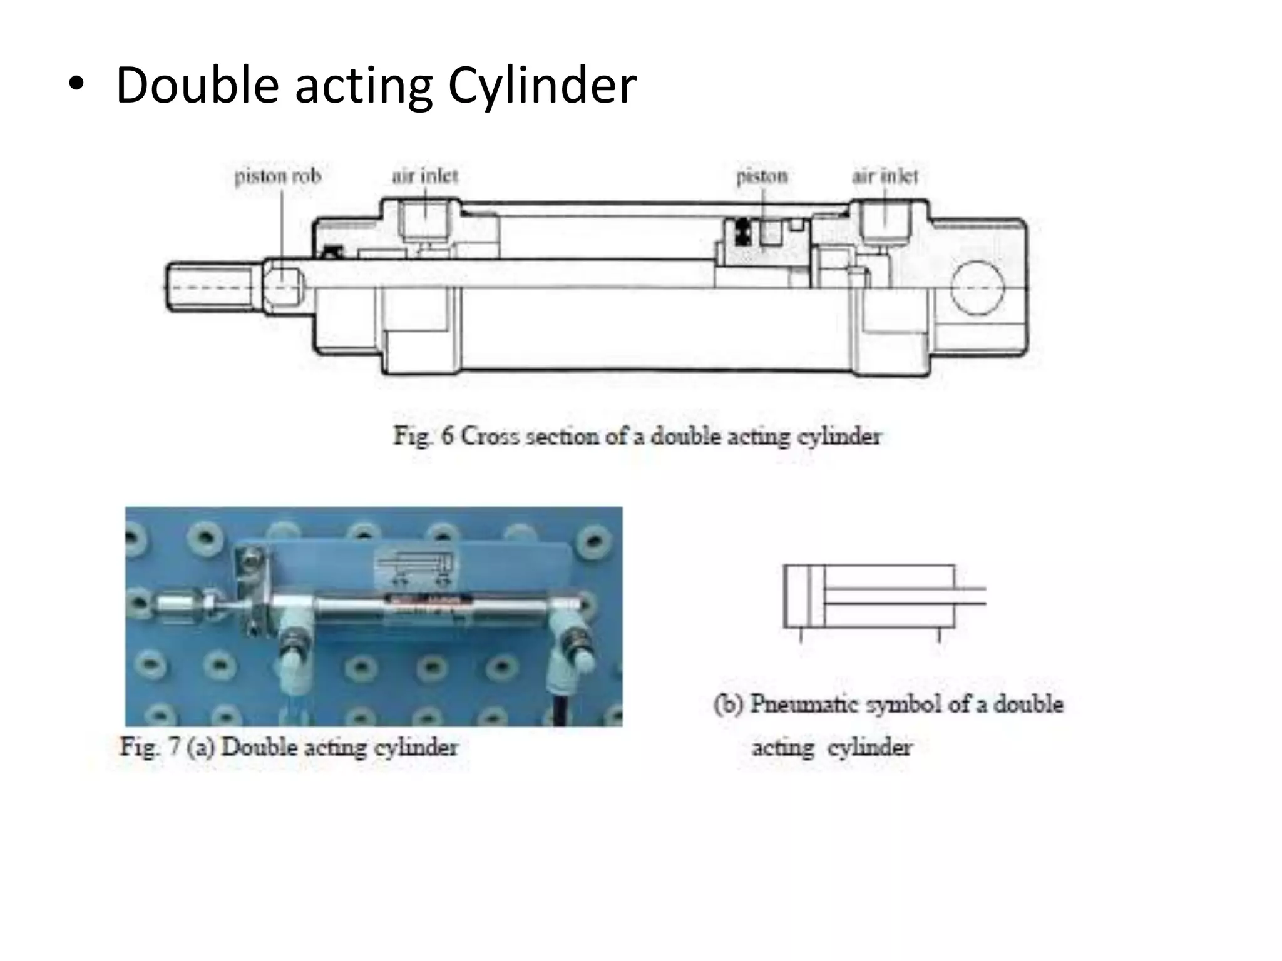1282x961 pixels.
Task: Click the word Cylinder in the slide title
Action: point(542,85)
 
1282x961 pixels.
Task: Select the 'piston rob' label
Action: point(277,176)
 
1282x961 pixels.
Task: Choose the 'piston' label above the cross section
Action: point(761,176)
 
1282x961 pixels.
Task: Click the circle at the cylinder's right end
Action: point(977,287)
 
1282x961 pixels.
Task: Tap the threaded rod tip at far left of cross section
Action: point(213,287)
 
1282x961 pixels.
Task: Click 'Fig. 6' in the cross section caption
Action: point(423,436)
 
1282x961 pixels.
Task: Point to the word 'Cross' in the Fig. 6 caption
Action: point(491,436)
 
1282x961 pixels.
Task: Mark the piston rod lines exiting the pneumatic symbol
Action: point(970,596)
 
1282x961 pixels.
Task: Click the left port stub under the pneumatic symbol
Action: point(801,635)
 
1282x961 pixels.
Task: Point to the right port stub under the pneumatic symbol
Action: point(938,635)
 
